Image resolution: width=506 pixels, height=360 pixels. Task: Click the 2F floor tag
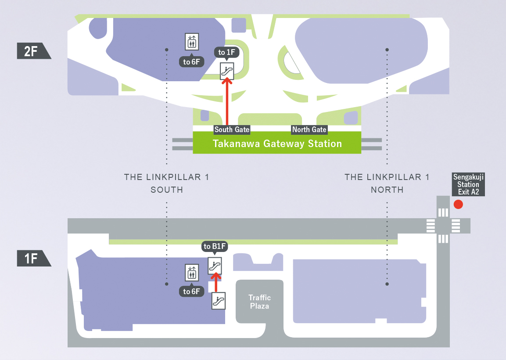pos(32,51)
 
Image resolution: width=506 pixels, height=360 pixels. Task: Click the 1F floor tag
pos(32,258)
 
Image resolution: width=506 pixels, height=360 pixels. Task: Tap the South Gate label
pos(232,130)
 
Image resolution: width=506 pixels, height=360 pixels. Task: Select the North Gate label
pos(309,130)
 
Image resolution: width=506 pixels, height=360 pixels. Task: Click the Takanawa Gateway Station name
pos(277,144)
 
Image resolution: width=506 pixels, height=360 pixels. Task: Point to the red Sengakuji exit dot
pos(458,204)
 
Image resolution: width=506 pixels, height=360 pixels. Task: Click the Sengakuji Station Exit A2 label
pos(468,184)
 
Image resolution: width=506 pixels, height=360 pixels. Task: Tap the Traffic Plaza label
pos(259,302)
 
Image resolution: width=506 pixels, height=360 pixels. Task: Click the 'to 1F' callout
pos(227,53)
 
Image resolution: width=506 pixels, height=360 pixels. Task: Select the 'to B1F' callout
pos(215,247)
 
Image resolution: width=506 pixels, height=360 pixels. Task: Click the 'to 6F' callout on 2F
pos(191,62)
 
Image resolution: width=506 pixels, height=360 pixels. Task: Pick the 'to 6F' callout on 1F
pos(192,291)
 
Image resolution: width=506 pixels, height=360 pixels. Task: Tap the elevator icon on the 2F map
pos(192,42)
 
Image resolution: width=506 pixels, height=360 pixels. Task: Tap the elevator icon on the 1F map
pos(192,273)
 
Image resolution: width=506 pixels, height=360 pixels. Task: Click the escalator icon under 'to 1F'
pos(227,71)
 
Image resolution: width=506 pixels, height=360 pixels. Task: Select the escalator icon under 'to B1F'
pos(215,265)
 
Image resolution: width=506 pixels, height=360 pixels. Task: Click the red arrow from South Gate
pos(227,103)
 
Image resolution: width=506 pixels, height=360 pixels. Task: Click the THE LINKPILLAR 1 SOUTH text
pos(166,184)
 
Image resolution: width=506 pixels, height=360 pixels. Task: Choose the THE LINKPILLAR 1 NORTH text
pos(387,184)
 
